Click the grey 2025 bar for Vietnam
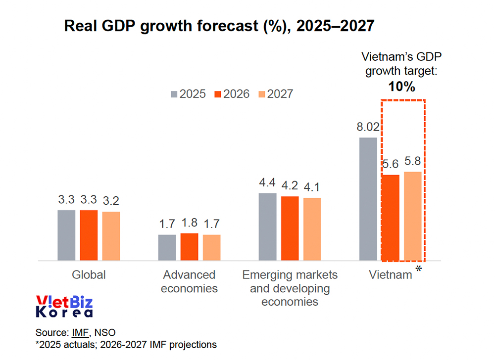click(x=368, y=199)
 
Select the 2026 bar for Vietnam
click(x=390, y=218)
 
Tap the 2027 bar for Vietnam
click(x=412, y=216)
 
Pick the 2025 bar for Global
click(x=66, y=235)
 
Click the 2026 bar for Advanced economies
click(x=189, y=247)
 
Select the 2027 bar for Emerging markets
click(x=312, y=229)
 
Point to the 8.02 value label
click(x=368, y=127)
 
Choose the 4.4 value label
click(x=267, y=183)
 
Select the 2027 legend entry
click(x=275, y=94)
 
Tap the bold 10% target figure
click(x=401, y=87)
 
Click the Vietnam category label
click(x=391, y=275)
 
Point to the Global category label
click(x=89, y=275)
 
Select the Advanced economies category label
click(x=189, y=281)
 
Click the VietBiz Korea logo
click(x=65, y=306)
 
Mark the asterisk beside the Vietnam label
click(x=419, y=270)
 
